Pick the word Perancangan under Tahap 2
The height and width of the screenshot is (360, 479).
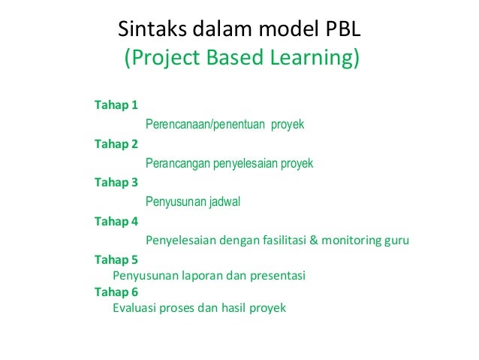click(x=179, y=163)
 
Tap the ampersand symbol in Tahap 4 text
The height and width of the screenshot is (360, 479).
click(x=315, y=241)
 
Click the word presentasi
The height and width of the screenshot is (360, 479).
click(x=277, y=276)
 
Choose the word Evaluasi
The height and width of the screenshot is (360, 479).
click(x=136, y=308)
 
